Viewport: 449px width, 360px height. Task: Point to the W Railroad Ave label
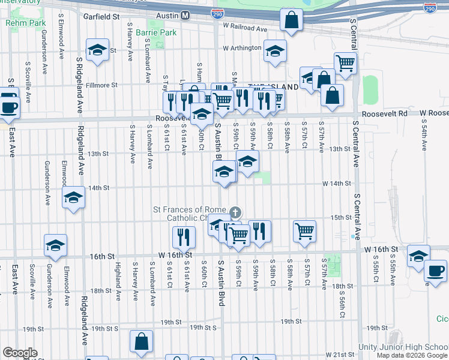[244, 28]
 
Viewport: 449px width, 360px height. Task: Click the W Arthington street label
[242, 48]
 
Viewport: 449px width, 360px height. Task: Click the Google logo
[20, 352]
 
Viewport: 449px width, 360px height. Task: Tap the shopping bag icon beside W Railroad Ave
[291, 20]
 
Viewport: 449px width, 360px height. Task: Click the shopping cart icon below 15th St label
[304, 230]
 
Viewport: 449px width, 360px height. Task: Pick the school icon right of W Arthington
[275, 51]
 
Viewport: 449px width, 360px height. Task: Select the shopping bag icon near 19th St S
[142, 342]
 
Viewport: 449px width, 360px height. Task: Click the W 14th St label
[336, 183]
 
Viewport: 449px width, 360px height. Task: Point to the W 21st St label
[340, 355]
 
